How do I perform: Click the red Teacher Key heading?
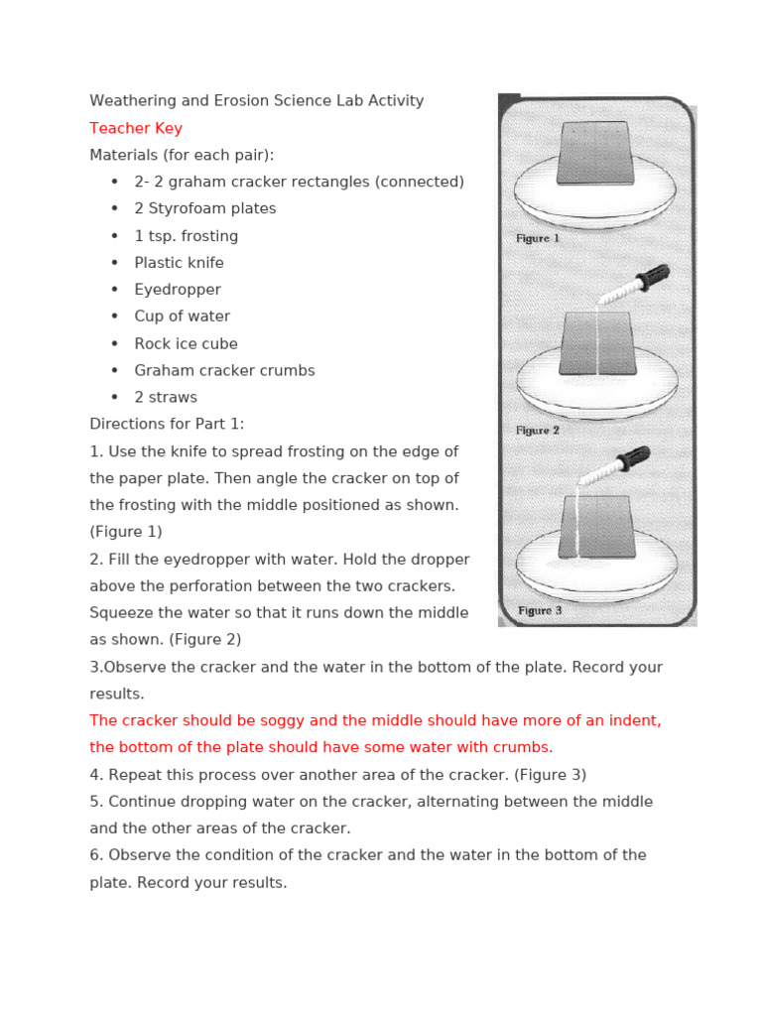pos(136,128)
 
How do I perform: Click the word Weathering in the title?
pos(134,100)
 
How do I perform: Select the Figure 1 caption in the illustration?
pos(538,239)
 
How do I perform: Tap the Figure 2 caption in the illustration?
pos(538,431)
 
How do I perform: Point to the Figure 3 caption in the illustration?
pos(540,611)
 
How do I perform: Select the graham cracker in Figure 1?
pos(594,153)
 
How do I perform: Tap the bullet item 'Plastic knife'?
pos(179,263)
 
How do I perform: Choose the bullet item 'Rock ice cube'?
pos(186,343)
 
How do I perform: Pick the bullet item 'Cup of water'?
pos(182,317)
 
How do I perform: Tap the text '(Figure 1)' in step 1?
pos(126,532)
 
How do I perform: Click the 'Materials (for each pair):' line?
pos(182,155)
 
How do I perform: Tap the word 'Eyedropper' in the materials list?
pos(178,290)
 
